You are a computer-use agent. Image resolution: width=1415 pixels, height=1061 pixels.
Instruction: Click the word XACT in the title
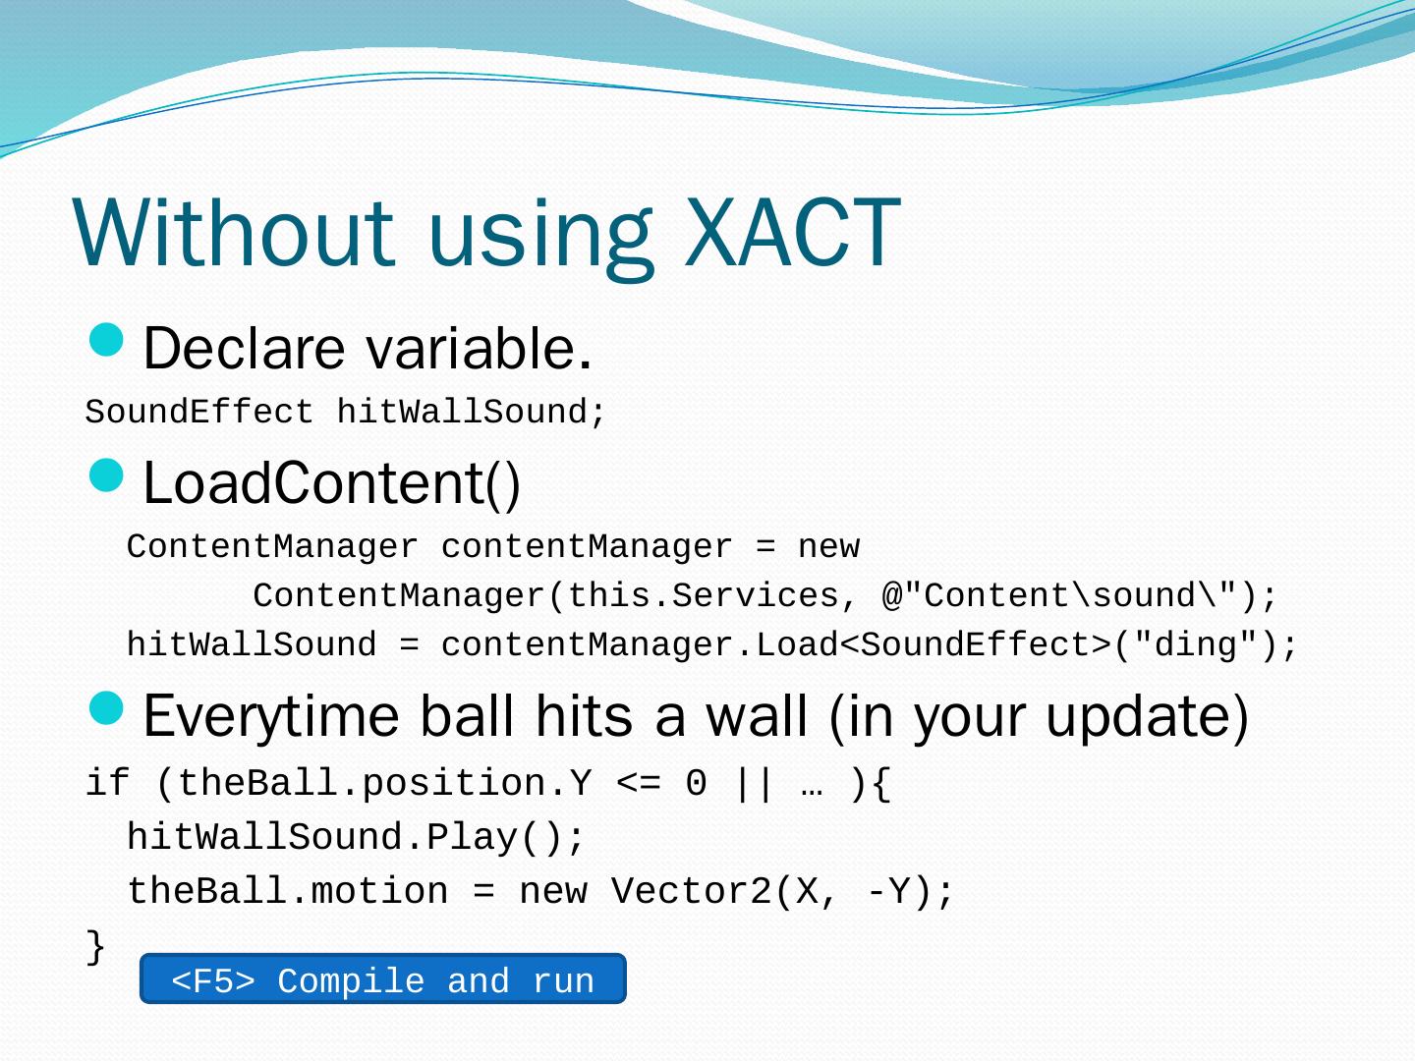pyautogui.click(x=792, y=231)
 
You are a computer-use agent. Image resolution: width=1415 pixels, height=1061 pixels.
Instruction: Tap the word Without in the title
pyautogui.click(x=233, y=231)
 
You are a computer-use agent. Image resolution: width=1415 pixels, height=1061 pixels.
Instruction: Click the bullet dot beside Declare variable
pyautogui.click(x=106, y=340)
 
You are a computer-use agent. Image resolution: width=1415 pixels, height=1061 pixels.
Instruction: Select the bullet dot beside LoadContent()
pyautogui.click(x=106, y=475)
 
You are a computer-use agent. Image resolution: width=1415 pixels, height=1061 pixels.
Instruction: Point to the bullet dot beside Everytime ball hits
pyautogui.click(x=106, y=708)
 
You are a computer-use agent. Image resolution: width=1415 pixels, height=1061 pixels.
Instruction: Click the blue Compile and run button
pyautogui.click(x=383, y=978)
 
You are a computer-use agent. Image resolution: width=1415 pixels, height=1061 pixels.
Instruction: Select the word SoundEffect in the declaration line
pyautogui.click(x=199, y=412)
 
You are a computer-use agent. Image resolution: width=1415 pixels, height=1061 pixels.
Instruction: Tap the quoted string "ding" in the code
pyautogui.click(x=1195, y=644)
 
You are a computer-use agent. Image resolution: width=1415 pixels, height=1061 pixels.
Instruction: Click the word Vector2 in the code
pyautogui.click(x=691, y=892)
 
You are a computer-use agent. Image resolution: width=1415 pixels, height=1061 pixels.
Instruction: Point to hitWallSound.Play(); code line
pyautogui.click(x=355, y=838)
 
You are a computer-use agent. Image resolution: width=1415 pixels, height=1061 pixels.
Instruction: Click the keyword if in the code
pyautogui.click(x=108, y=783)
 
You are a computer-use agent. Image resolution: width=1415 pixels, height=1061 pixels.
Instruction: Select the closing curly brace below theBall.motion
pyautogui.click(x=94, y=946)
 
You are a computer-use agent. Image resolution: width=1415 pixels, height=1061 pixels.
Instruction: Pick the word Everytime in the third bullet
pyautogui.click(x=271, y=717)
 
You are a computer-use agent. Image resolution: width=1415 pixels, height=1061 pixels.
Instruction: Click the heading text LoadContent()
pyautogui.click(x=331, y=483)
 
